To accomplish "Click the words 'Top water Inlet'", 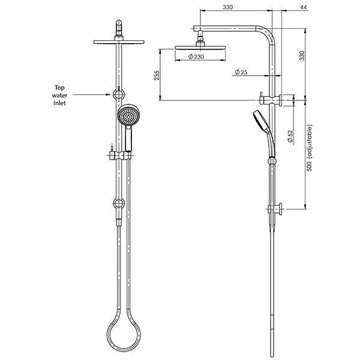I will click(x=58, y=95).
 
